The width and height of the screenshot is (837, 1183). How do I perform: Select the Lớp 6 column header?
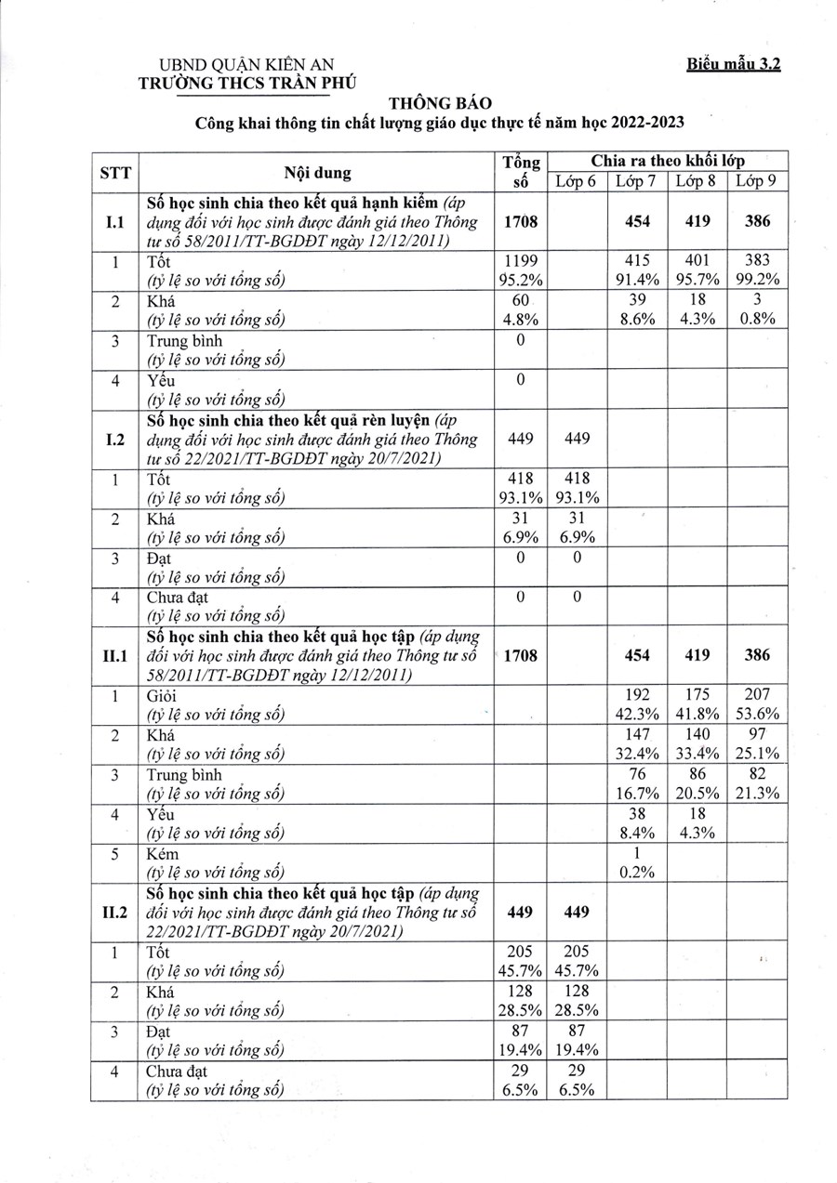pyautogui.click(x=577, y=181)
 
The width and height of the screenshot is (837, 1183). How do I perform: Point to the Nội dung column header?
pyautogui.click(x=319, y=172)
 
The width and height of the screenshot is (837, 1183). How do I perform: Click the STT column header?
pyautogui.click(x=114, y=172)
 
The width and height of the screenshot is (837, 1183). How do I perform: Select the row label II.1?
pyautogui.click(x=114, y=655)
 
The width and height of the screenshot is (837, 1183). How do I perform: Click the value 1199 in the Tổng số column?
pyautogui.click(x=521, y=262)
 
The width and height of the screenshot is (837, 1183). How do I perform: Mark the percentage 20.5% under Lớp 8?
pyautogui.click(x=697, y=793)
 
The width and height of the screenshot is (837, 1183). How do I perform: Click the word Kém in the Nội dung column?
pyautogui.click(x=163, y=853)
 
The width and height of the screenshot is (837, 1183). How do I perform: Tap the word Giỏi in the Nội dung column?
pyautogui.click(x=163, y=695)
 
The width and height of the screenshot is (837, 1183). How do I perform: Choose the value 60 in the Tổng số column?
pyautogui.click(x=521, y=301)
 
